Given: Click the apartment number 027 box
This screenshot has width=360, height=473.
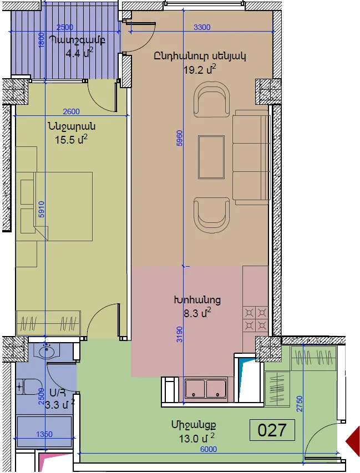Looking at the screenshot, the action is pyautogui.click(x=272, y=430).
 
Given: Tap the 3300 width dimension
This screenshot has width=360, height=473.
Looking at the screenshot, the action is pyautogui.click(x=202, y=27).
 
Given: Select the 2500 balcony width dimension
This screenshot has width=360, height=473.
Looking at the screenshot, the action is pyautogui.click(x=65, y=27).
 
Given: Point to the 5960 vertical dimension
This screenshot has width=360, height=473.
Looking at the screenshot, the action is pyautogui.click(x=180, y=138).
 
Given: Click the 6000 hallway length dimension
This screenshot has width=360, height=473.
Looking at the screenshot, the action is pyautogui.click(x=209, y=449).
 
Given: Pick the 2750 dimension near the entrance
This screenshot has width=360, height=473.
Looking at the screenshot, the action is pyautogui.click(x=299, y=404).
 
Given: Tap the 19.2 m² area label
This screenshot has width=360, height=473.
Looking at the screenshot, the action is pyautogui.click(x=200, y=69).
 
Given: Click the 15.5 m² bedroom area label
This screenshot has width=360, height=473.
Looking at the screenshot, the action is pyautogui.click(x=71, y=139).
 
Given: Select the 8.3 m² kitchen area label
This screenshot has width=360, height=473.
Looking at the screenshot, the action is pyautogui.click(x=197, y=313).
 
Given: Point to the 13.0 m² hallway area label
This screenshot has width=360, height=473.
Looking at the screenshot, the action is pyautogui.click(x=197, y=438).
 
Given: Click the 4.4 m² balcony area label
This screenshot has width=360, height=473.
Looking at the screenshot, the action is pyautogui.click(x=79, y=53).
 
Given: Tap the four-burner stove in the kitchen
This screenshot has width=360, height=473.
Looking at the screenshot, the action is pyautogui.click(x=256, y=319).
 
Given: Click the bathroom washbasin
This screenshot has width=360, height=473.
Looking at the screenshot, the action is pyautogui.click(x=48, y=351).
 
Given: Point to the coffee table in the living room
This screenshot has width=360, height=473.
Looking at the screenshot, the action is pyautogui.click(x=211, y=157).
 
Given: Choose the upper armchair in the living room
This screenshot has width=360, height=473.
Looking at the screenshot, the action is pyautogui.click(x=211, y=100).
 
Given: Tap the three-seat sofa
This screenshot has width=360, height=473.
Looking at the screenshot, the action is pyautogui.click(x=251, y=157).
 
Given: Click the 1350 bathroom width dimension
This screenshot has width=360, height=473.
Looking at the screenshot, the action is pyautogui.click(x=44, y=434).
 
